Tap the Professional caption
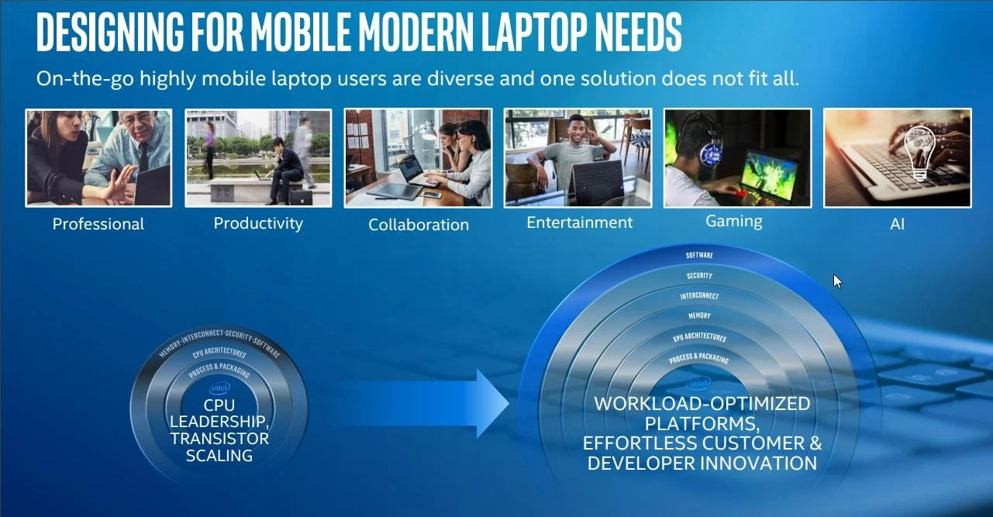coord(98,224)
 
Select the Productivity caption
coord(258,223)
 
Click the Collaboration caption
coord(419,225)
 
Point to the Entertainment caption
coord(579,222)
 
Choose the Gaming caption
coord(733,221)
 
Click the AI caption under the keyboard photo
coord(897,224)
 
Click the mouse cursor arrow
coord(837,281)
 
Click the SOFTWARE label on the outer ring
coord(699,255)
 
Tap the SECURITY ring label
coord(699,276)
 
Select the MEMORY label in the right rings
coord(699,315)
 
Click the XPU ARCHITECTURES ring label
coord(699,337)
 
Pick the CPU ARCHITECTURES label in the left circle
coord(219,353)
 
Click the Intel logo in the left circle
coord(219,388)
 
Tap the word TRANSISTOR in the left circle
coord(219,439)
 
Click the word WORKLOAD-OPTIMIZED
coord(702,404)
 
